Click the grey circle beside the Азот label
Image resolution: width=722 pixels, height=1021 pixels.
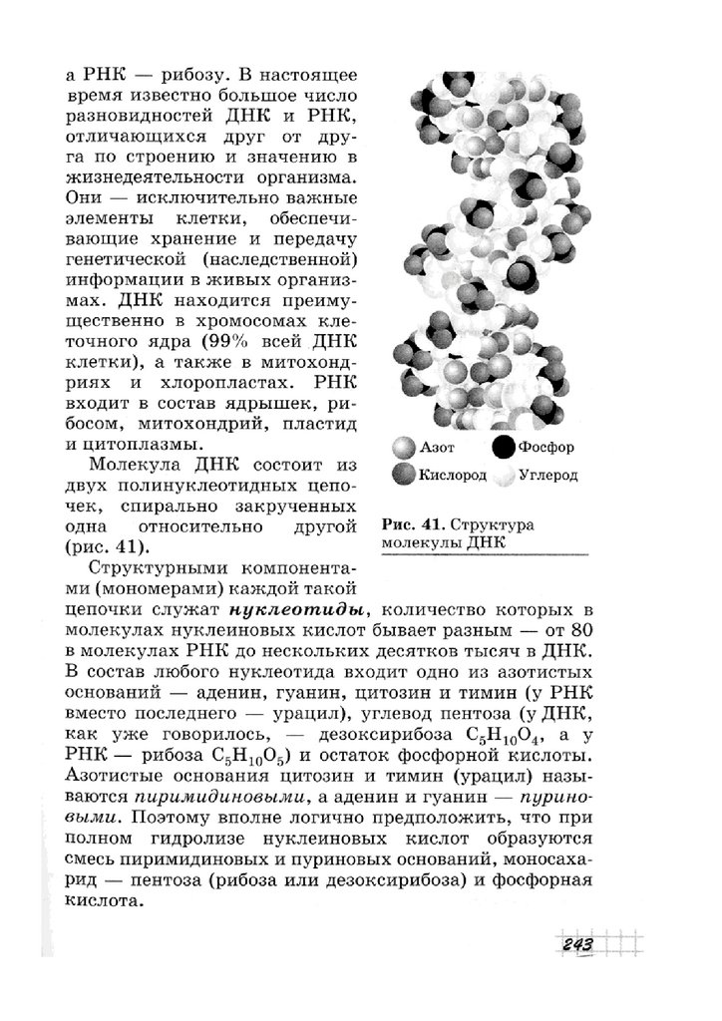[404, 449]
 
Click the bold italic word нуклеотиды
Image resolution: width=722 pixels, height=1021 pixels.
[300, 609]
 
